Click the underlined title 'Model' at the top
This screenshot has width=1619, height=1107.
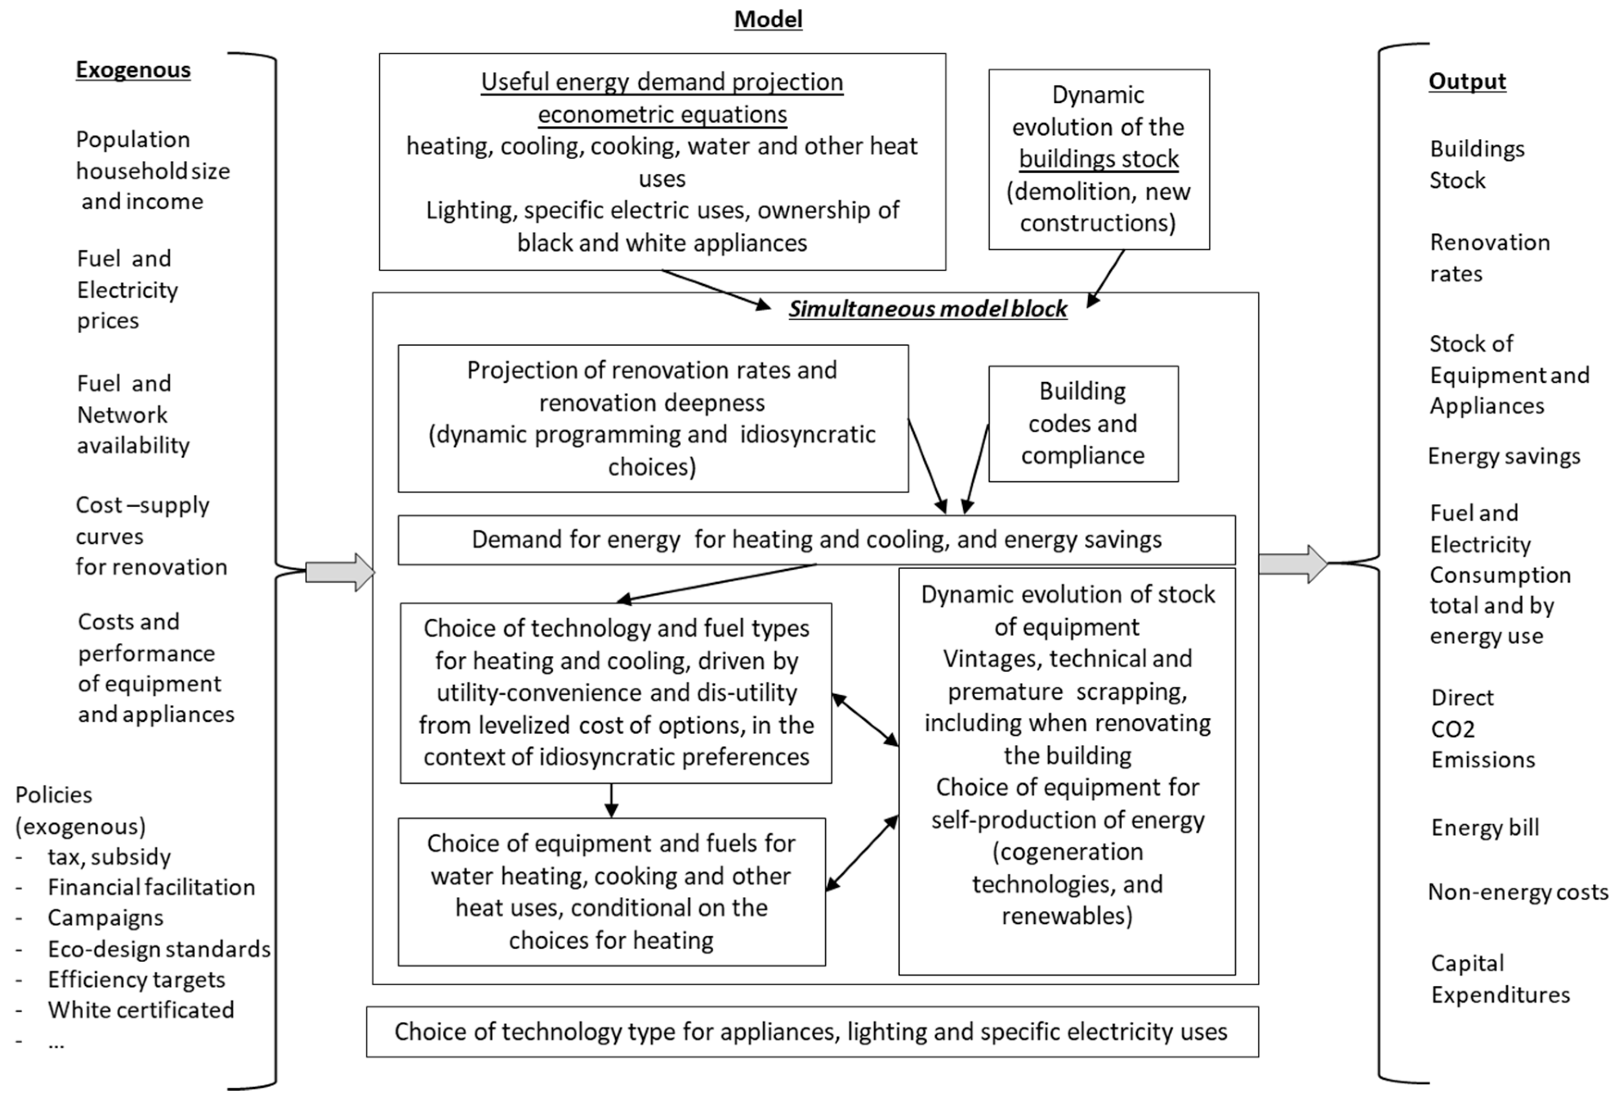tap(768, 19)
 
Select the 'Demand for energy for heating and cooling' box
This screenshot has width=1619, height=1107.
tap(816, 540)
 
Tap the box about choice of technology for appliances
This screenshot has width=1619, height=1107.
tap(812, 1032)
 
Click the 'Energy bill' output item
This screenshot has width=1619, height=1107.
tap(1484, 827)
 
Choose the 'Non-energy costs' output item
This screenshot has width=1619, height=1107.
tap(1517, 892)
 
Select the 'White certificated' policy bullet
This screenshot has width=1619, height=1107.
tap(141, 1010)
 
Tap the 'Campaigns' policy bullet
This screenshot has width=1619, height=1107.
tap(105, 918)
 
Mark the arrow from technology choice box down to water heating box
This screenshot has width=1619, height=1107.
tap(611, 800)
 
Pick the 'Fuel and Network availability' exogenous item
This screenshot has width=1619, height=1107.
tap(132, 415)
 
